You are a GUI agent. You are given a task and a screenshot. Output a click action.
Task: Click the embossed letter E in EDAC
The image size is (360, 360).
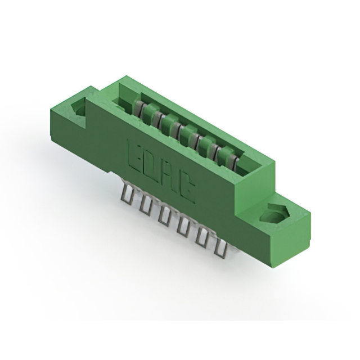pyautogui.click(x=137, y=153)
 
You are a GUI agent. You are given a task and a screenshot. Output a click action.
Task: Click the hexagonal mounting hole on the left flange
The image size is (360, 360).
pyautogui.click(x=77, y=107)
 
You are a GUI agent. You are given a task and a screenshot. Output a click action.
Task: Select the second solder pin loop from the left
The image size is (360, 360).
pyautogui.click(x=146, y=205)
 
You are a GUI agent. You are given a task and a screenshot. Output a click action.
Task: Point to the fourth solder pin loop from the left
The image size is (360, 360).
pyautogui.click(x=183, y=227)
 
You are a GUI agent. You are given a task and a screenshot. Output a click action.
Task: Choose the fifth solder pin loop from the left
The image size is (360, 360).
pyautogui.click(x=201, y=237)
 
